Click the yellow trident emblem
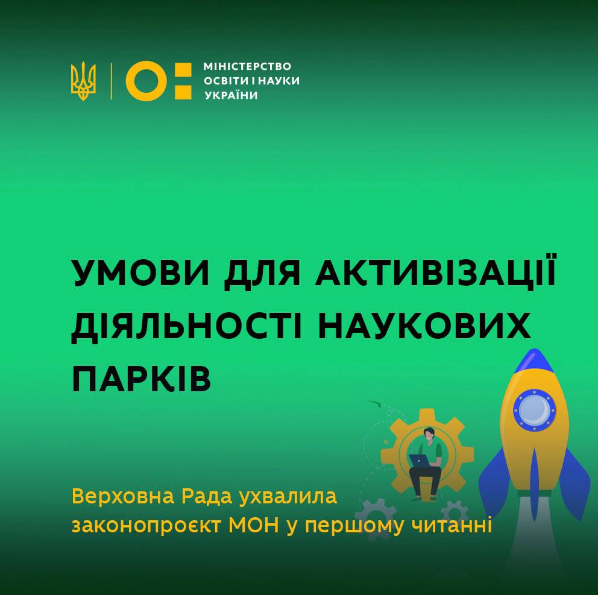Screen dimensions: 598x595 (x=83, y=81)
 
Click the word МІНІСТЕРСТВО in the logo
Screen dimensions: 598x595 (x=247, y=66)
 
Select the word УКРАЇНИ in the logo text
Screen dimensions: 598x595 (x=231, y=95)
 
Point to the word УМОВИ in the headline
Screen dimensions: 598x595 (x=140, y=273)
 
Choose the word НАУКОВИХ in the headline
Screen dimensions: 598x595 (x=424, y=326)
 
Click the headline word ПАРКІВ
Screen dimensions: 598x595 (x=142, y=379)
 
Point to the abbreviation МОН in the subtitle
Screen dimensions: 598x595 (x=254, y=526)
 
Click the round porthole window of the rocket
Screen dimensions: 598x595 (x=534, y=411)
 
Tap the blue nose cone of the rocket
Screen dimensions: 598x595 (x=534, y=360)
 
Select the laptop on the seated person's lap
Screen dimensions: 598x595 (x=419, y=461)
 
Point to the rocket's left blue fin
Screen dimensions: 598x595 (x=494, y=481)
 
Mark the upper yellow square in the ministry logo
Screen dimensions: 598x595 (x=183, y=70)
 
